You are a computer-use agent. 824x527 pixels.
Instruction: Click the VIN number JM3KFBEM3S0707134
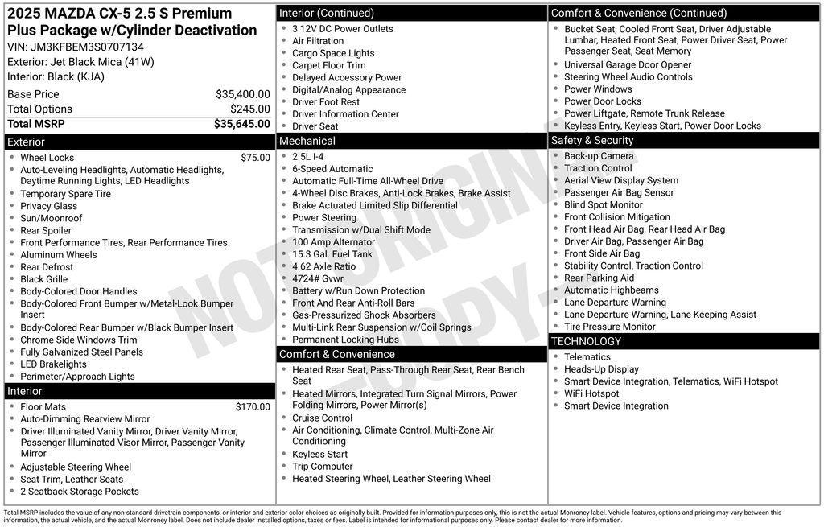point(87,47)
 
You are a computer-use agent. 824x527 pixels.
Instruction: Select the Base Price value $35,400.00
point(242,94)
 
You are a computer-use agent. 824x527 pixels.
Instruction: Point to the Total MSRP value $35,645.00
point(241,124)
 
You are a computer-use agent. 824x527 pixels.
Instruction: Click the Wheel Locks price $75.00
point(255,158)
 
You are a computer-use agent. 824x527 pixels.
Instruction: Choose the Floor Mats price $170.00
point(253,407)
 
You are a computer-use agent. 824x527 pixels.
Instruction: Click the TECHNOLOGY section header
point(586,341)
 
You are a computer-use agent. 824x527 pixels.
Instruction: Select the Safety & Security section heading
point(592,141)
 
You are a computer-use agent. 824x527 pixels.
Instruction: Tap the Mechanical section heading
point(307,141)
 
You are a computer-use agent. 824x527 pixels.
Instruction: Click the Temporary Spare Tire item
point(66,194)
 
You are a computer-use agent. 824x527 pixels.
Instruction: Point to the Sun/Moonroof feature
point(51,218)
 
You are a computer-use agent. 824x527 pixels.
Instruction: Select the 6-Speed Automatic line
point(332,169)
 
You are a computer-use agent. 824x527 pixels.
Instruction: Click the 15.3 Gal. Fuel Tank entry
point(332,254)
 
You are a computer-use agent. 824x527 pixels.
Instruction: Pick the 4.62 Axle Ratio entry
point(323,266)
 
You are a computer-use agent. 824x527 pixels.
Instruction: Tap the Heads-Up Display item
point(601,369)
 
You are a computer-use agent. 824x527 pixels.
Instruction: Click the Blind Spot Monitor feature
point(604,205)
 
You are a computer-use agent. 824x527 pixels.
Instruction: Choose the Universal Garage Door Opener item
point(628,65)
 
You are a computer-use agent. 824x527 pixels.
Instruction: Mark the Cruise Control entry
point(322,418)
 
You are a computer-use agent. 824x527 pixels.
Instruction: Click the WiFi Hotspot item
point(591,393)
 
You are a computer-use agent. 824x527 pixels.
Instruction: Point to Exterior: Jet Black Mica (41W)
point(80,62)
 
